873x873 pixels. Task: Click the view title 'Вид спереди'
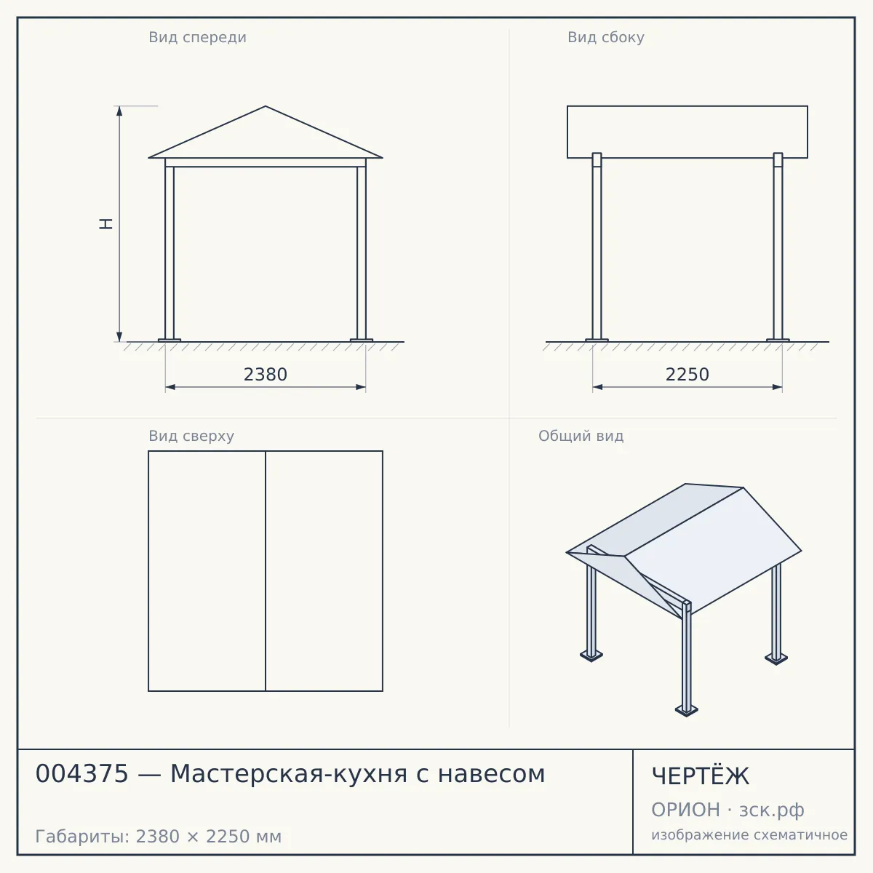(x=197, y=37)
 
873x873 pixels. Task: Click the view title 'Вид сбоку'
(x=606, y=37)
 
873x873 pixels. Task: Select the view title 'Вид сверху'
(x=191, y=436)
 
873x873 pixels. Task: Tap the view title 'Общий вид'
(x=581, y=436)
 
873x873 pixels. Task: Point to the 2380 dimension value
(x=266, y=375)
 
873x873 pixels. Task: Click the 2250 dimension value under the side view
(x=687, y=375)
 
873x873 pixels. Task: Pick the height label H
(x=106, y=224)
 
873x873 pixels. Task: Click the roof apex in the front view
(x=266, y=106)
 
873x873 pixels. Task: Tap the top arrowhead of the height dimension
(x=119, y=111)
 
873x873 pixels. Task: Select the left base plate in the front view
(x=170, y=340)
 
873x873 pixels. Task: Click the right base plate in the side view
(x=778, y=340)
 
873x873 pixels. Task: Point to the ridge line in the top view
(x=266, y=571)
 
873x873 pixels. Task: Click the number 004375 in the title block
(x=82, y=774)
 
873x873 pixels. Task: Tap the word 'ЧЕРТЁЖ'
(x=701, y=776)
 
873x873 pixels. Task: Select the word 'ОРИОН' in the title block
(x=685, y=810)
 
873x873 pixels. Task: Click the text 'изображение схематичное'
(x=749, y=834)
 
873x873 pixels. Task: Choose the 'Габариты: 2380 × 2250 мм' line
(x=159, y=837)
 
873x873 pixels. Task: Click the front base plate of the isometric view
(x=686, y=710)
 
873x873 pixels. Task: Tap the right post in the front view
(x=362, y=252)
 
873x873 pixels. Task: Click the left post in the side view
(x=597, y=246)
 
